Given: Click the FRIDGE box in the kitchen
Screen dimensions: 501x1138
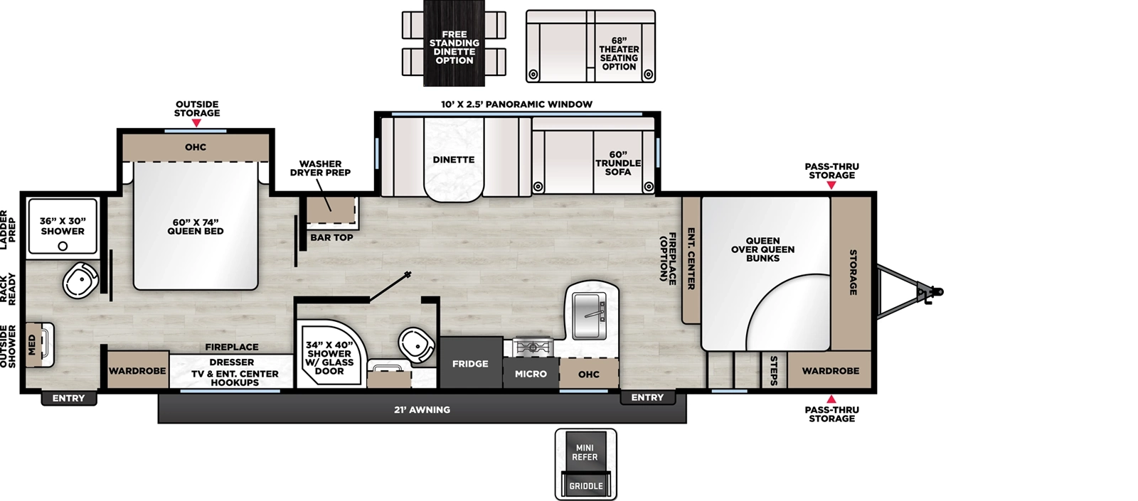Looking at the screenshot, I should point(470,363).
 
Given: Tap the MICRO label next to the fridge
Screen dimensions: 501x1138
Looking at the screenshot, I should point(531,374).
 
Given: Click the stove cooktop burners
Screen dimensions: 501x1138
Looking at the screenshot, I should point(533,348).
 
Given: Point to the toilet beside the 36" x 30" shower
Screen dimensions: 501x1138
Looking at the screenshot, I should point(80,279).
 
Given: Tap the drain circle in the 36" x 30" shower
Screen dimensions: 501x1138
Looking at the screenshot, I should point(63,246).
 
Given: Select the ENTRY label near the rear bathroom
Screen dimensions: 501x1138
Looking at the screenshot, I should point(68,398).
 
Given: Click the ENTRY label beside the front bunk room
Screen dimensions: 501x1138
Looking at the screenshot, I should point(647,397).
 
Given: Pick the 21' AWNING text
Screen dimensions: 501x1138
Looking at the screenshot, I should point(422,410).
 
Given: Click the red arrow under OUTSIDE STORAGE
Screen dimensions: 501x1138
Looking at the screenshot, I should point(197,123).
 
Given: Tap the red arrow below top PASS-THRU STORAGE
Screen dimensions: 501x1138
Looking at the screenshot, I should point(831,185).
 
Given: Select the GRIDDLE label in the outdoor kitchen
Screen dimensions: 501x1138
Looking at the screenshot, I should point(585,486).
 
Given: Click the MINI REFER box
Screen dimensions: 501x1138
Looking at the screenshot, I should point(585,452).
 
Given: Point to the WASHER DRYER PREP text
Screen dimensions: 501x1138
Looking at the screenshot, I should point(320,168).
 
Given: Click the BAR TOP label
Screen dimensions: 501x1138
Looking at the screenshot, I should point(331,237).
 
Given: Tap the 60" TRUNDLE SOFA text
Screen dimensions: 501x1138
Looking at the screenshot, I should point(617,163).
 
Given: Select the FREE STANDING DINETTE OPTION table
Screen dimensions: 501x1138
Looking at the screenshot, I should point(454,47).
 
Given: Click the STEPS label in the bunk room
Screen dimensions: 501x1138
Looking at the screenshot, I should point(774,371).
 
